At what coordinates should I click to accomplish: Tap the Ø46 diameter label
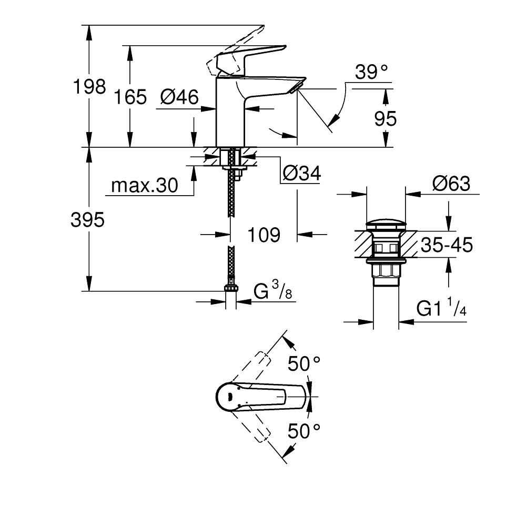tap(179, 97)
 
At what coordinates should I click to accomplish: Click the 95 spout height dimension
tap(385, 119)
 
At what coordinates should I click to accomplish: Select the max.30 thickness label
tap(145, 186)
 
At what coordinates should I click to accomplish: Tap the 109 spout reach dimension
tap(264, 235)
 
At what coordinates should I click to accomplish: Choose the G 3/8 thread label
tap(273, 291)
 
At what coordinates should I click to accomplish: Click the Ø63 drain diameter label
tap(451, 184)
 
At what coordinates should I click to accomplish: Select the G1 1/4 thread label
tap(441, 308)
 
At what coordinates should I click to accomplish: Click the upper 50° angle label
tap(305, 363)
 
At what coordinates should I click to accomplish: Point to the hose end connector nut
tap(230, 287)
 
